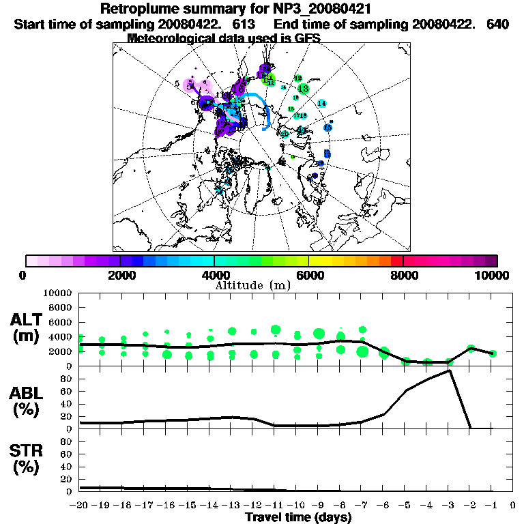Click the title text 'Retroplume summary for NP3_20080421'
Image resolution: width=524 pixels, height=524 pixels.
coord(235,9)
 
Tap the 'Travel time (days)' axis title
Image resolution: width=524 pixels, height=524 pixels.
coord(298,517)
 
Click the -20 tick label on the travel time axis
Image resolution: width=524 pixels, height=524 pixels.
coord(79,506)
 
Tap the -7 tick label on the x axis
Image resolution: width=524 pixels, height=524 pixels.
coord(362,506)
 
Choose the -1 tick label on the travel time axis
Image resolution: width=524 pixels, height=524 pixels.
coord(492,506)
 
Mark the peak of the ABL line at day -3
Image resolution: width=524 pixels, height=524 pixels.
coord(450,370)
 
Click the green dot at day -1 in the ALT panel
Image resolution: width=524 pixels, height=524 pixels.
coord(493,353)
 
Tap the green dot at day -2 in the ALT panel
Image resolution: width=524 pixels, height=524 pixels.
coord(471,348)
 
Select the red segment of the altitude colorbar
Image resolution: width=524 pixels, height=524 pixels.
coord(396,260)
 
